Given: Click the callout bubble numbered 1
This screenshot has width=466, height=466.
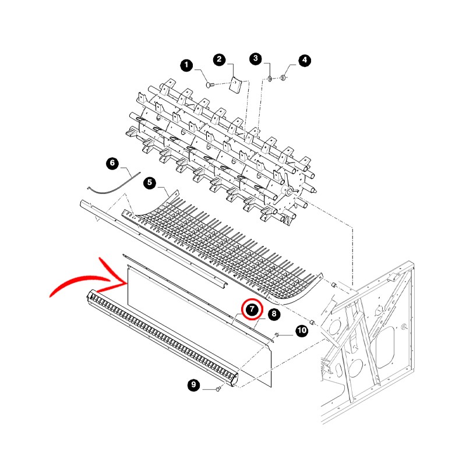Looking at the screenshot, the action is tap(186, 65).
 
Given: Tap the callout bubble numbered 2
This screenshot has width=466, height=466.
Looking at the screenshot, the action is tap(220, 60).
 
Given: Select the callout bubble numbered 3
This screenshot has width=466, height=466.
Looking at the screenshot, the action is tap(256, 59).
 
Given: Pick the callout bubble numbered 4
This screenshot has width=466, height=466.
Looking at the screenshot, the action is tap(305, 61).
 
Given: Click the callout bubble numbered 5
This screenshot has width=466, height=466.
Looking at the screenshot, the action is tap(150, 182).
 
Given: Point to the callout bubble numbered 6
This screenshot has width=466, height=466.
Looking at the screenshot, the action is tap(112, 163).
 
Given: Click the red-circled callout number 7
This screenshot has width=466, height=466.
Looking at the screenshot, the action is tap(252, 309).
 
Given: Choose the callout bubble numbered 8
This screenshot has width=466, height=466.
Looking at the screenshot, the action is tap(274, 314).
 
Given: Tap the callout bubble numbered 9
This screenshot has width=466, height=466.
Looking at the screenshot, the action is tap(194, 385).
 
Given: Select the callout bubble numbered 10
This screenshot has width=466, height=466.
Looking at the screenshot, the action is tap(302, 330).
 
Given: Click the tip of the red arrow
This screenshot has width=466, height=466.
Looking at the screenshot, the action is tap(127, 283).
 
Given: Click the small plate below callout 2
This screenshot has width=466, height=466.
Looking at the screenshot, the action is tap(236, 85).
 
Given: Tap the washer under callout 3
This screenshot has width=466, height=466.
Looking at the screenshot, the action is tap(270, 79).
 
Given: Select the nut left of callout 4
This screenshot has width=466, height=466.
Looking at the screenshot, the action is tap(283, 78).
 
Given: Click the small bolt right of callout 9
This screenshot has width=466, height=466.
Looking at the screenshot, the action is tap(218, 389).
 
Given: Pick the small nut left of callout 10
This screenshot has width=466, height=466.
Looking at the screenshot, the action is tap(276, 335).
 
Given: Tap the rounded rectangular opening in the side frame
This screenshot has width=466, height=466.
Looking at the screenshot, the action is tap(385, 347).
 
